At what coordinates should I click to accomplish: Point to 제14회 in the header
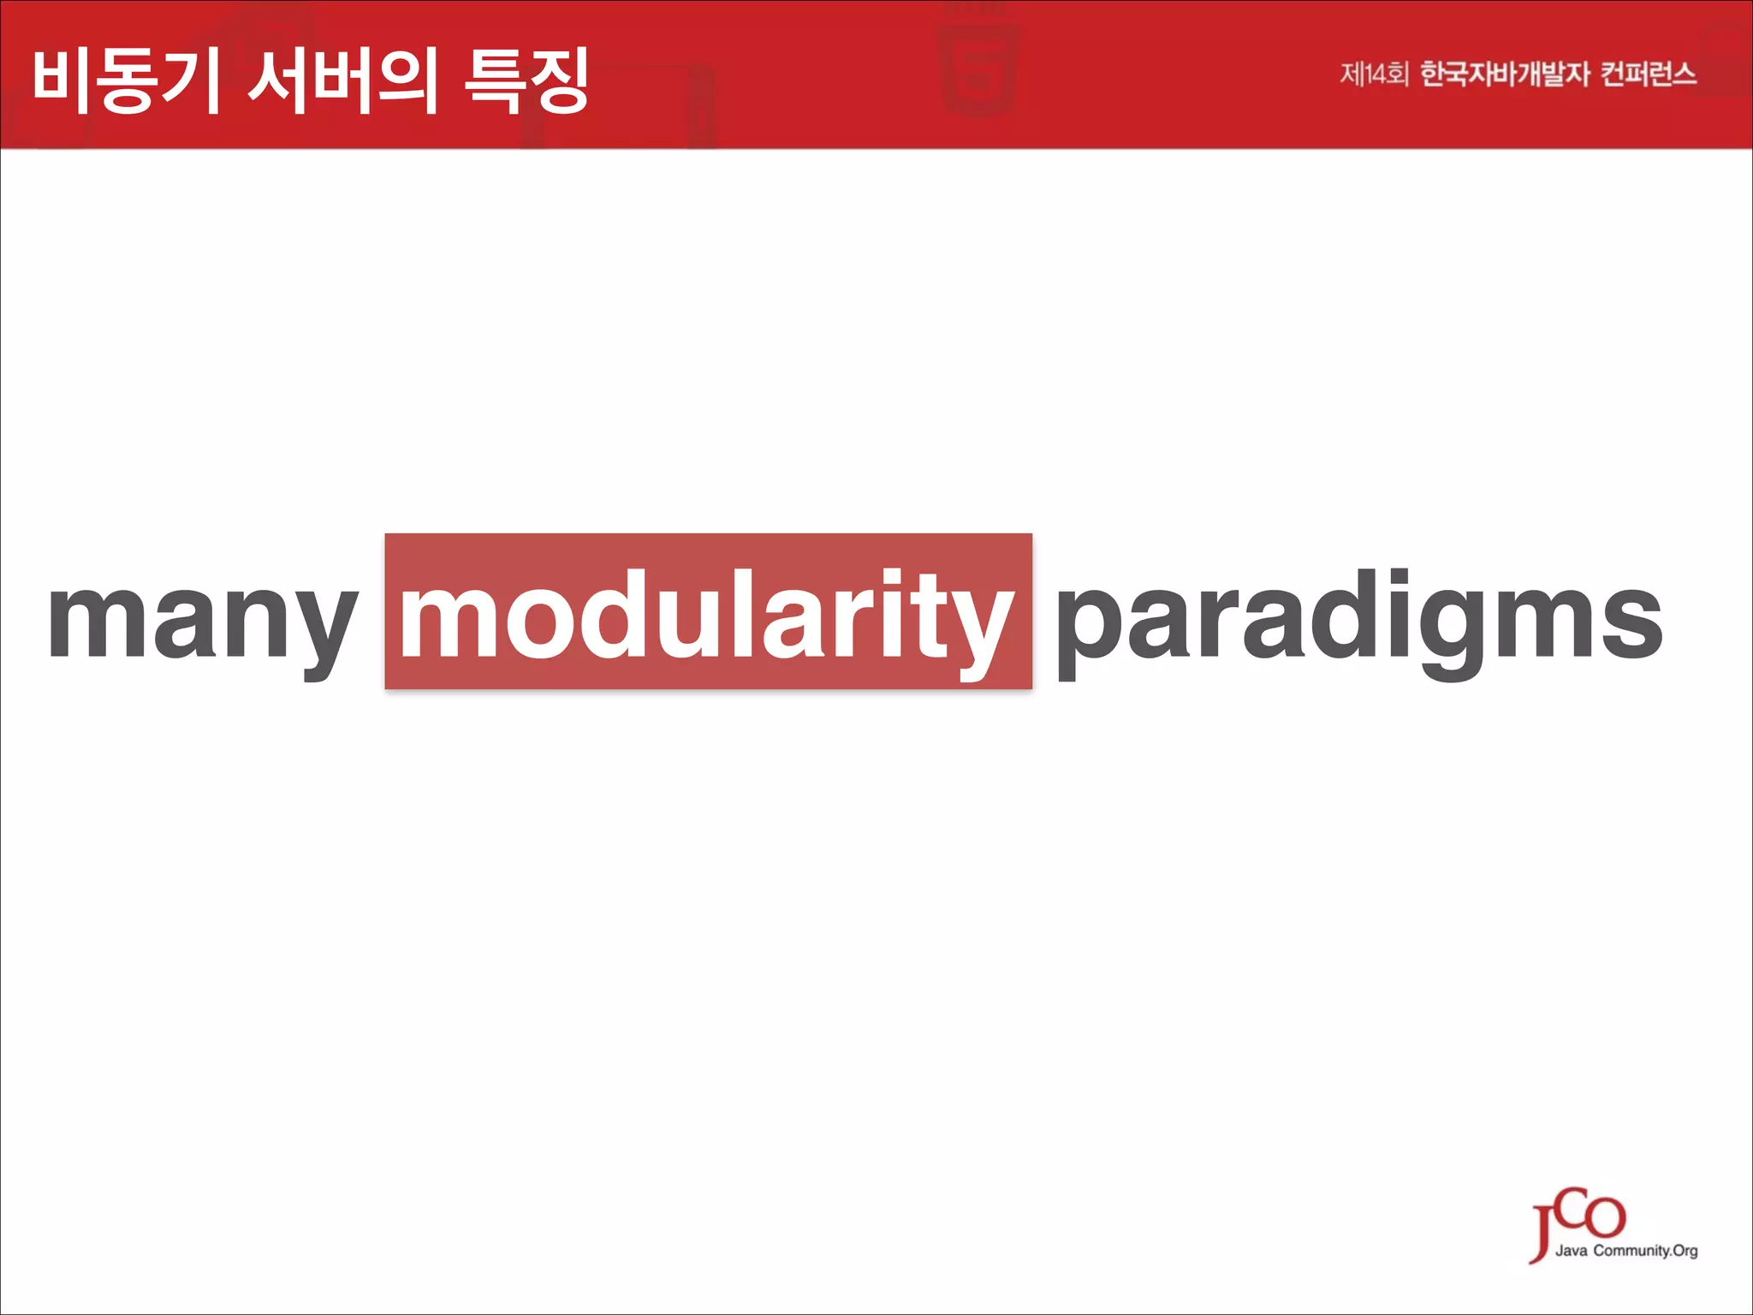(1373, 74)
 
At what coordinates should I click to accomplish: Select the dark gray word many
(203, 621)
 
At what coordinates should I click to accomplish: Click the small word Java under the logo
(1572, 1251)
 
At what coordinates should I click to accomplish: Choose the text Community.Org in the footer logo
(1645, 1251)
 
